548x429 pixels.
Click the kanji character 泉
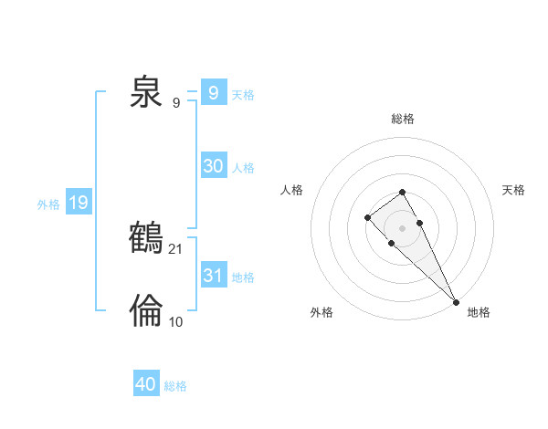(146, 93)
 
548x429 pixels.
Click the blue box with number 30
(214, 166)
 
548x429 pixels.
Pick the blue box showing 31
(214, 276)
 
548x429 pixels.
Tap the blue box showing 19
(79, 203)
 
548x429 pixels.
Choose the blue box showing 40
(146, 384)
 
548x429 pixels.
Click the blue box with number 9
(214, 93)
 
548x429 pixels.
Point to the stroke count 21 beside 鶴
(177, 248)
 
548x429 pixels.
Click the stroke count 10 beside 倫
(176, 321)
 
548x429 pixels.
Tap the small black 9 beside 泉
(176, 102)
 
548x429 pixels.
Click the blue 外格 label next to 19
(48, 204)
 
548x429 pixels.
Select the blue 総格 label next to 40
(175, 386)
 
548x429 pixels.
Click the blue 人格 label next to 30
(243, 168)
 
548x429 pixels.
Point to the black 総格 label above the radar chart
(403, 119)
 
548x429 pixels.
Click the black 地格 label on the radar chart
(479, 312)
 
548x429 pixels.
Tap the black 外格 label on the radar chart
(321, 312)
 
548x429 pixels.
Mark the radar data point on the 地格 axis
(456, 301)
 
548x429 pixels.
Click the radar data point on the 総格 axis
(402, 193)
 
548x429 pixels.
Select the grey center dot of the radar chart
(402, 227)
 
